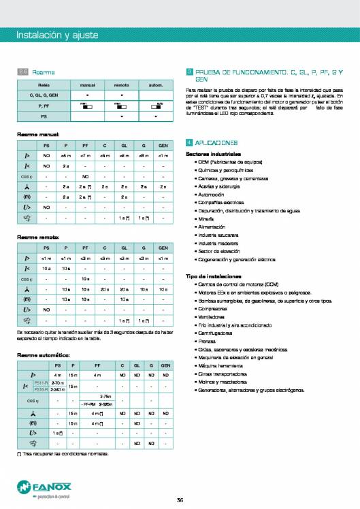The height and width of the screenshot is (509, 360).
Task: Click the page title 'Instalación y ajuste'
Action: click(57, 35)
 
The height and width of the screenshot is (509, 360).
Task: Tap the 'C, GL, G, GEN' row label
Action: click(44, 95)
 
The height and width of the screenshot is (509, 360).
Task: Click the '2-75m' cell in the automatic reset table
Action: click(105, 396)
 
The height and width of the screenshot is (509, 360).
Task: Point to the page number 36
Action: click(180, 501)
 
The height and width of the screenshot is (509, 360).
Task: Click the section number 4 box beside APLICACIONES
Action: click(189, 143)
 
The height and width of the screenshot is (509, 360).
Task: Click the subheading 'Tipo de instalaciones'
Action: click(213, 276)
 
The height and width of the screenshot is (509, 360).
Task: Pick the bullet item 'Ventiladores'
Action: click(210, 316)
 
